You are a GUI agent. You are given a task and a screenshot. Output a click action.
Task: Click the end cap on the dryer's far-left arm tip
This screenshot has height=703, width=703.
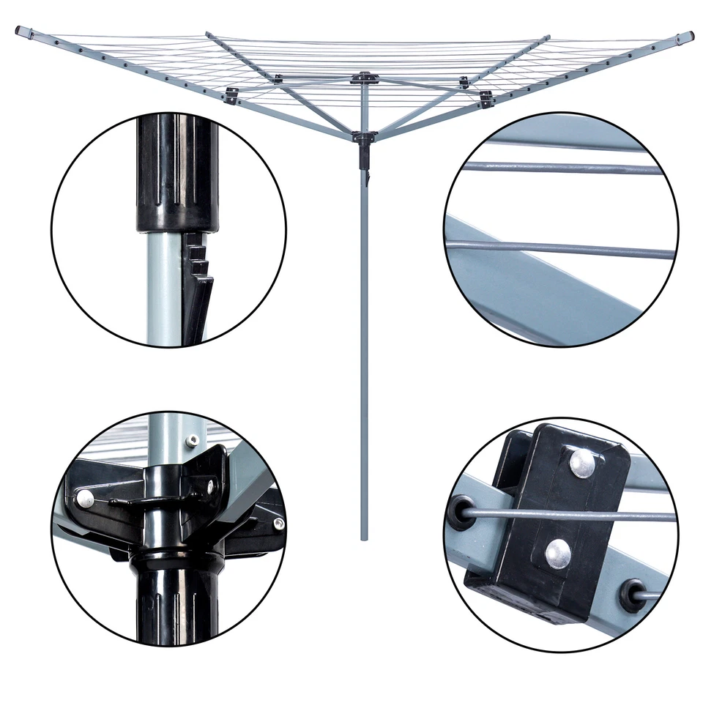click(22, 31)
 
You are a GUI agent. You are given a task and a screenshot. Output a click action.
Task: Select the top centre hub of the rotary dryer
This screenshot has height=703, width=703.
click(364, 76)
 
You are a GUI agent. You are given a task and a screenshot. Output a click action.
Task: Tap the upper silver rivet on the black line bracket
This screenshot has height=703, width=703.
click(582, 463)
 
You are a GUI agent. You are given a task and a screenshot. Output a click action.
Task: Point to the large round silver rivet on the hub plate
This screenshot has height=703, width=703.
click(86, 498)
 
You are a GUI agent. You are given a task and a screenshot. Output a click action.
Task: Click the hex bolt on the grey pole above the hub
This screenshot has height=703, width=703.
click(192, 440)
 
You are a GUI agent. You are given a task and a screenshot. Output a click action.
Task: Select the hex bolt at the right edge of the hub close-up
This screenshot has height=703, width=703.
click(278, 523)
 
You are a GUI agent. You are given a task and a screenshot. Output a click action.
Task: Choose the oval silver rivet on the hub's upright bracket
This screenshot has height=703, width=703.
click(210, 485)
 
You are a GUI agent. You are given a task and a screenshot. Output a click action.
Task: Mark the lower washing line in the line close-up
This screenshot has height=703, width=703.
click(564, 249)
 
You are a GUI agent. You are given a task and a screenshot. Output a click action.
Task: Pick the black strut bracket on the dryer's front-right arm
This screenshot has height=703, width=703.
click(486, 97)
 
